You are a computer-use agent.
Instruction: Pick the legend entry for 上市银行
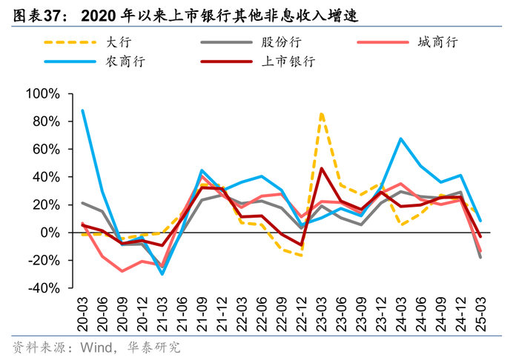(x=288, y=61)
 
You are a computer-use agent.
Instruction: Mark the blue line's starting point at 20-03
(x=82, y=110)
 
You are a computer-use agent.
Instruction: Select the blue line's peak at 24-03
(x=400, y=139)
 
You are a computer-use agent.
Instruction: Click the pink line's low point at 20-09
(x=122, y=271)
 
